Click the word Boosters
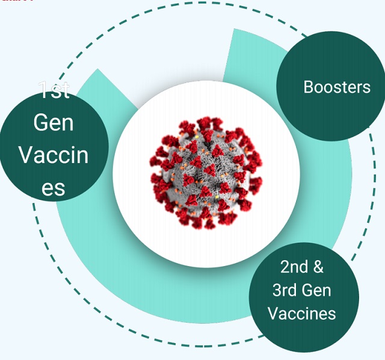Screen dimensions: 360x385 [x=337, y=87]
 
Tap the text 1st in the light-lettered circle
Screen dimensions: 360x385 [x=54, y=91]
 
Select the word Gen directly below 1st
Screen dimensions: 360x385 [x=54, y=123]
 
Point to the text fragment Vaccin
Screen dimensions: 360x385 [x=54, y=155]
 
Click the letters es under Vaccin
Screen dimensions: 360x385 [x=54, y=188]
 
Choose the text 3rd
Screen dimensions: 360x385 [x=286, y=290]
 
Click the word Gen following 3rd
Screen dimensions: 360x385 [x=317, y=290]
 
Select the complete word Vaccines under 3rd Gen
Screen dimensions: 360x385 [x=302, y=314]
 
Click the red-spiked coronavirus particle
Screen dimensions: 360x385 [x=205, y=173]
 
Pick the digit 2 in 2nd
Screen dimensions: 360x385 [x=284, y=267]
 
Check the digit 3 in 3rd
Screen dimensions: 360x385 [x=276, y=290]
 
